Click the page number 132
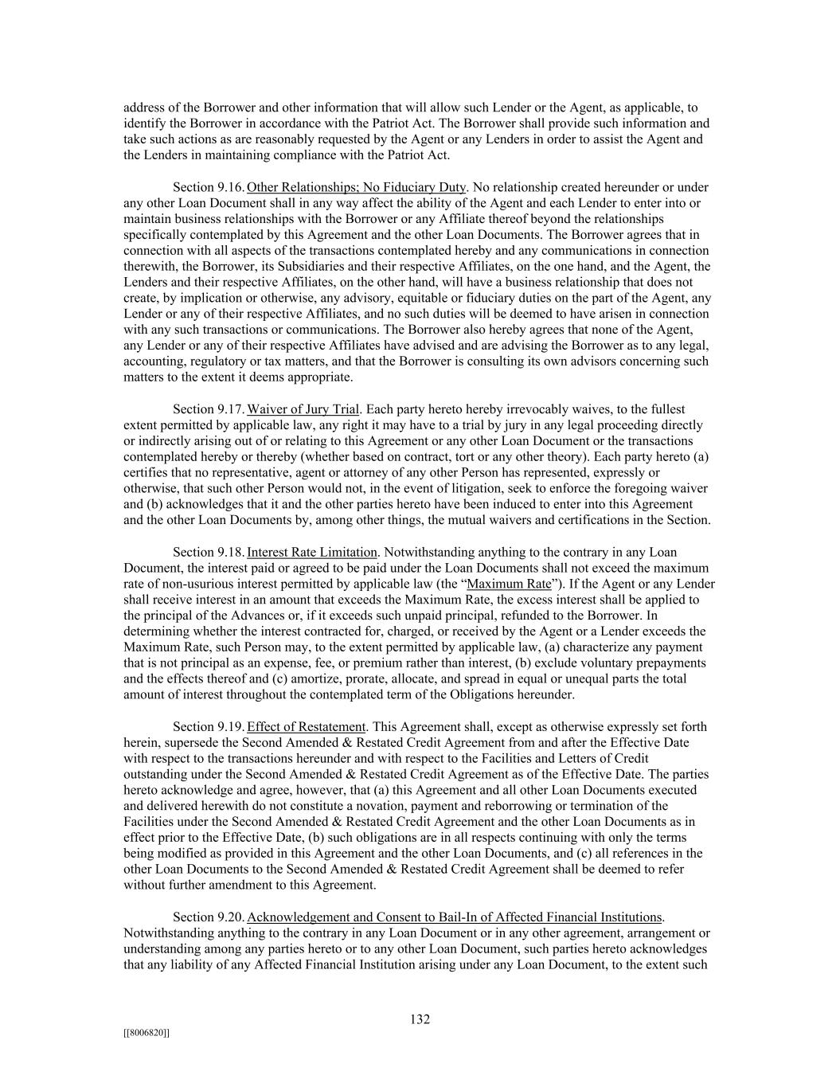[x=420, y=1019]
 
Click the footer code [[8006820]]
[x=147, y=1033]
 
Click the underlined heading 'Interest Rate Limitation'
[x=312, y=552]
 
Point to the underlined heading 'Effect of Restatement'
[x=307, y=726]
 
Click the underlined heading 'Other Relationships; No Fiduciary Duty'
[x=356, y=187]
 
